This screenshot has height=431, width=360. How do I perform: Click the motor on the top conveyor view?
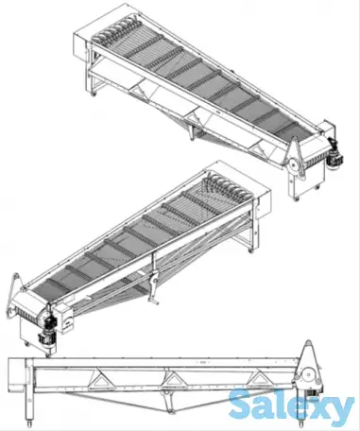pos(335,153)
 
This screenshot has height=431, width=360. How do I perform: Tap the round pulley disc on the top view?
pos(295,165)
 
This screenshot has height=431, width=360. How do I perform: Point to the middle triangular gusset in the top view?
pos(194,117)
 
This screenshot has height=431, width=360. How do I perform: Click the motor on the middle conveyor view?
pos(47,329)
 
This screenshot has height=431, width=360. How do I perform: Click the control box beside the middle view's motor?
pos(65,319)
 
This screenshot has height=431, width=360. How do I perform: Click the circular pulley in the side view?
pos(308,375)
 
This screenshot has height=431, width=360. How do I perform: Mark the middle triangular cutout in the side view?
pos(171,378)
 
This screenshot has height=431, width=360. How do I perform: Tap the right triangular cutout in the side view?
pos(259,378)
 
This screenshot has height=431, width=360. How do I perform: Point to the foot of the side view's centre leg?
pos(171,411)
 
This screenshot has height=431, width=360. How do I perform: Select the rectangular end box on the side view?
pos(16,372)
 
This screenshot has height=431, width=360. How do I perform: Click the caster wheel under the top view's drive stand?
pos(296,199)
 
